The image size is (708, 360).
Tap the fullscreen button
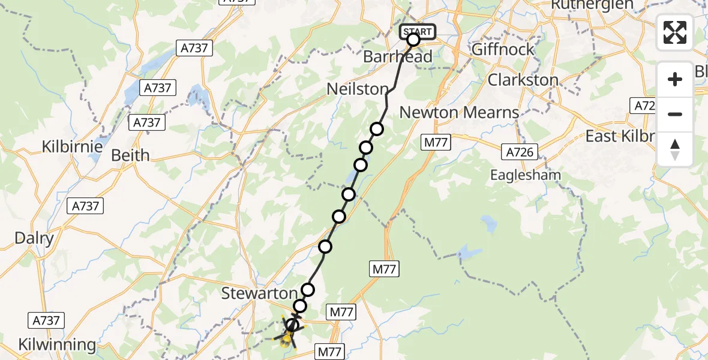675,32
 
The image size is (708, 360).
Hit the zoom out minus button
675,114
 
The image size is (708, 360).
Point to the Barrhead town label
398,56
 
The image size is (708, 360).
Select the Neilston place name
358,89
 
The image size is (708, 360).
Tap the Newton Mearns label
459,112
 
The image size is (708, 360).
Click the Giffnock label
503,49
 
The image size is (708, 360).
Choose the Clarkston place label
523,80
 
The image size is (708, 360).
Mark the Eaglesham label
526,175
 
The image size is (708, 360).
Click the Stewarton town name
259,293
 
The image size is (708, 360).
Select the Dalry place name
34,238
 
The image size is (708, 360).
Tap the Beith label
131,155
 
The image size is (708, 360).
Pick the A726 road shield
520,152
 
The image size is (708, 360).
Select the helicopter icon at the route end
287,340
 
